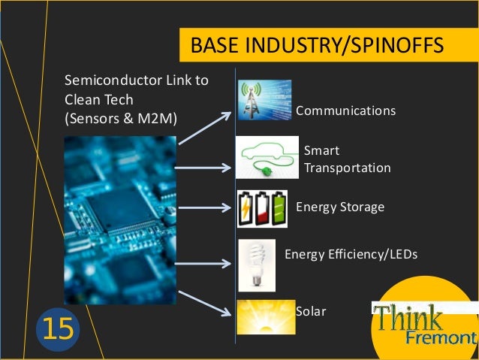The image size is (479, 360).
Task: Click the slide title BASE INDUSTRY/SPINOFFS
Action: [318, 46]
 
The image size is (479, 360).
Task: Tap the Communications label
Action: [345, 111]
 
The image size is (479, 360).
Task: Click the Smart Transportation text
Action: [347, 159]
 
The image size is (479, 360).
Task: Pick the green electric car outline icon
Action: [267, 158]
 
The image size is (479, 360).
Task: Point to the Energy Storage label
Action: [340, 207]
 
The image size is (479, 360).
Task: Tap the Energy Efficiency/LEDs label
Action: [351, 256]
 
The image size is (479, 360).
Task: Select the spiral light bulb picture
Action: [256, 265]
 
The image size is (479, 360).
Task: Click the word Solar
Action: [311, 311]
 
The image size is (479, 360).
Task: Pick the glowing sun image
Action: [266, 317]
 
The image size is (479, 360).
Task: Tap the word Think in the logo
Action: [409, 318]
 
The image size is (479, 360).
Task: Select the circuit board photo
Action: [120, 219]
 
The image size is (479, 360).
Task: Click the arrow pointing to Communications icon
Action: [205, 127]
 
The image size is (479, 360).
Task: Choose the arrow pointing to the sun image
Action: [205, 301]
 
